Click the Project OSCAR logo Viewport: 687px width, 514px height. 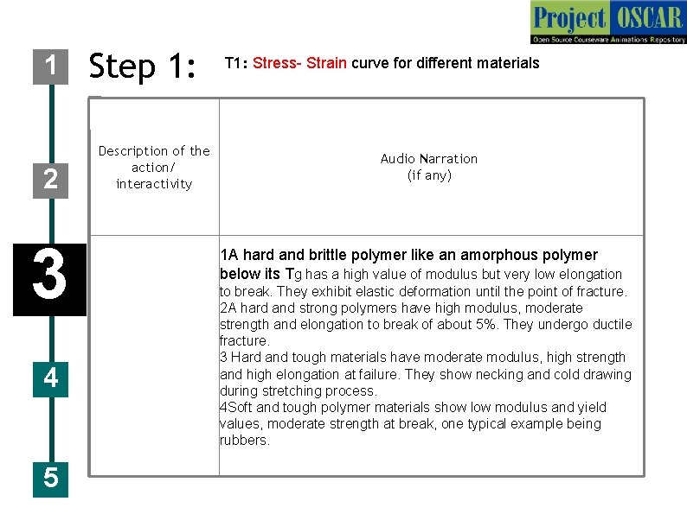coord(607,22)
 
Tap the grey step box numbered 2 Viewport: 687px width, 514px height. coord(50,179)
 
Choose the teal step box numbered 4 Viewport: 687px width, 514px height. coord(50,378)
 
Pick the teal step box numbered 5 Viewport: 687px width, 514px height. coord(50,477)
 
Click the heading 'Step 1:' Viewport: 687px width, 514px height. coord(144,66)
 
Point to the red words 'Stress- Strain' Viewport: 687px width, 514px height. coord(300,63)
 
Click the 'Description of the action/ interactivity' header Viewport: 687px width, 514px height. coord(154,168)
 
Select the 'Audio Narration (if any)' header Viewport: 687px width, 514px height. coord(429,167)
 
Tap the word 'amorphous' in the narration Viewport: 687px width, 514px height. coord(494,255)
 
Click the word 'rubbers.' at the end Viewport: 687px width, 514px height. coord(245,441)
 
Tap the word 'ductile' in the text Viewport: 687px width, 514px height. coord(610,325)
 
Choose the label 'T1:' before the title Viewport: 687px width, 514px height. coord(236,63)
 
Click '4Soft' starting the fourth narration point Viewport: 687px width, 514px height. coord(237,408)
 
